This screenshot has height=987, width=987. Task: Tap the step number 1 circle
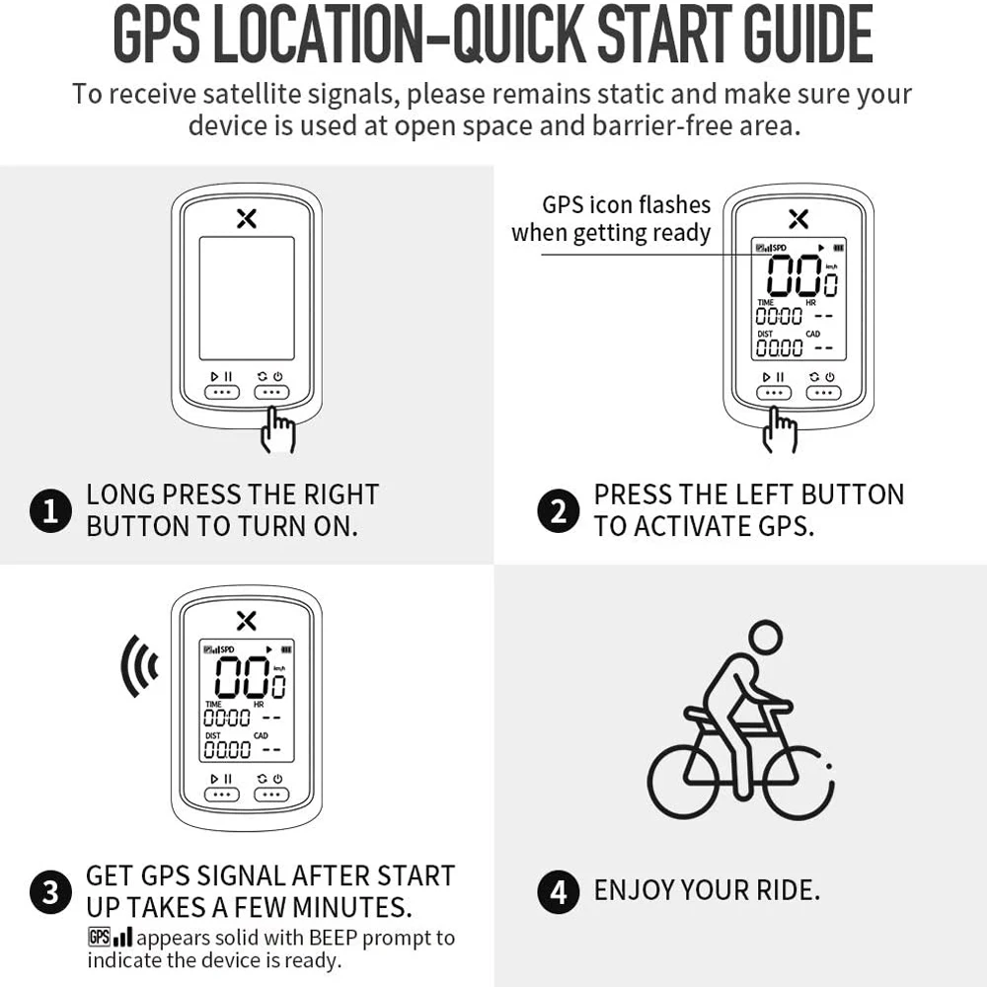[x=50, y=511]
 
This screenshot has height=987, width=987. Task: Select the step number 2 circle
[x=559, y=511]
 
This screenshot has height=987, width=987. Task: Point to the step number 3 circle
[x=50, y=893]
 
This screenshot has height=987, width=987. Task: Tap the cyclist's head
[x=765, y=638]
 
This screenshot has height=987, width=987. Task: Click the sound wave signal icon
[x=139, y=667]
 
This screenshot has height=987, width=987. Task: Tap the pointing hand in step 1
[x=279, y=431]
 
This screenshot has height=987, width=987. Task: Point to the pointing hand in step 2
[x=781, y=431]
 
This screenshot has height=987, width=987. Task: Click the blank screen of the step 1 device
[x=247, y=298]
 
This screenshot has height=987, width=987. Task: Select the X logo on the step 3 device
[x=247, y=620]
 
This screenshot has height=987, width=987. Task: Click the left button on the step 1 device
[x=222, y=392]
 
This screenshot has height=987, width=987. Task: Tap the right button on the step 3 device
[x=271, y=794]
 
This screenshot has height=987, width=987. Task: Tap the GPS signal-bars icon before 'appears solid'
[x=110, y=938]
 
